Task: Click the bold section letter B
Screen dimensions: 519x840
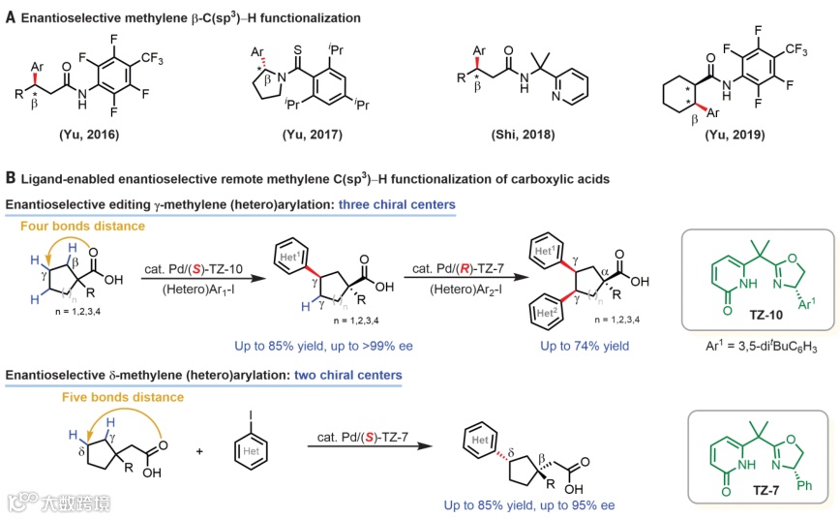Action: click(x=11, y=178)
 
